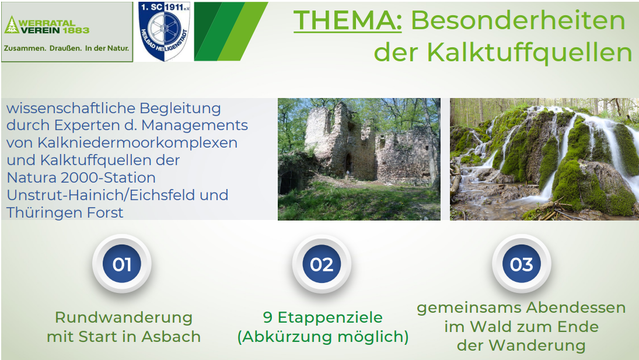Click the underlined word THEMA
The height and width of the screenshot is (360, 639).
347,20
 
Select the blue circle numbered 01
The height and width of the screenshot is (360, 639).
122,264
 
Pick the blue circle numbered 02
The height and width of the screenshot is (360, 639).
322,264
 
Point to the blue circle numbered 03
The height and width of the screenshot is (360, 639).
521,264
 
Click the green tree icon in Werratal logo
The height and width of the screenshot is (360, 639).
11,25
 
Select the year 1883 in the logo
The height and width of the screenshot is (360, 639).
76,30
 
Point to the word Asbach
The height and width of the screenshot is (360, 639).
171,337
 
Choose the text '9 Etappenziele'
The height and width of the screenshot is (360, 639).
323,317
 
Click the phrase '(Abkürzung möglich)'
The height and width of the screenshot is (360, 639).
323,337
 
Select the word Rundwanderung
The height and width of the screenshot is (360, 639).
124,317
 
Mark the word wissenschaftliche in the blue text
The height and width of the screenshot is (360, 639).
71,109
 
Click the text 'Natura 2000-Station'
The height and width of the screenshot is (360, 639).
81,178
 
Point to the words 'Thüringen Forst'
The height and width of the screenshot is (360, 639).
65,212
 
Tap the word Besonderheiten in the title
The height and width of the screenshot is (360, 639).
518,20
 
